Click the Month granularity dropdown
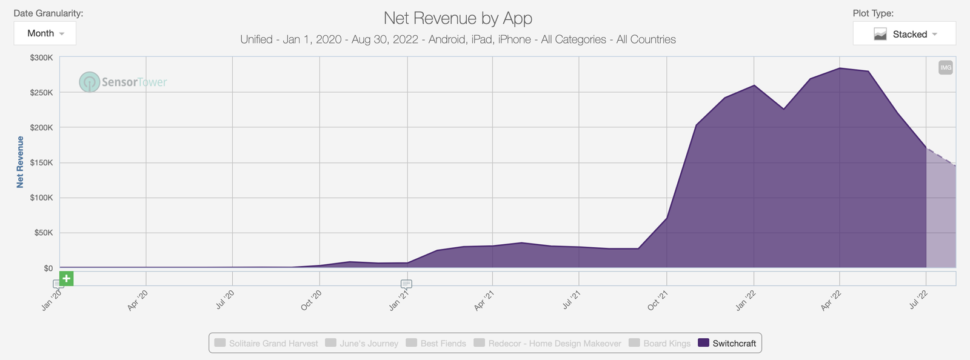click(x=45, y=33)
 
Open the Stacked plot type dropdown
click(x=904, y=34)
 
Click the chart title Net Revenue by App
click(x=458, y=18)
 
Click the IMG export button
click(x=945, y=67)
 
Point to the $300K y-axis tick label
click(x=41, y=58)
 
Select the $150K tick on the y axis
click(x=41, y=162)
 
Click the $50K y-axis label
click(x=43, y=233)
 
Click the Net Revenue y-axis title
click(x=20, y=162)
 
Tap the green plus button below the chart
click(x=66, y=279)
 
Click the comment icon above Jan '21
click(x=406, y=284)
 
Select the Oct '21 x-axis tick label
click(x=658, y=301)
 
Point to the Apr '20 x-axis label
click(x=138, y=301)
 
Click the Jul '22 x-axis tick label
click(x=918, y=301)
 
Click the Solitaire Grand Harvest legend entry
click(x=266, y=343)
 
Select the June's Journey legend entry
click(x=362, y=343)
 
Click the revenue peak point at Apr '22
click(x=840, y=68)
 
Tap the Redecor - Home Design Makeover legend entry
click(x=547, y=343)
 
